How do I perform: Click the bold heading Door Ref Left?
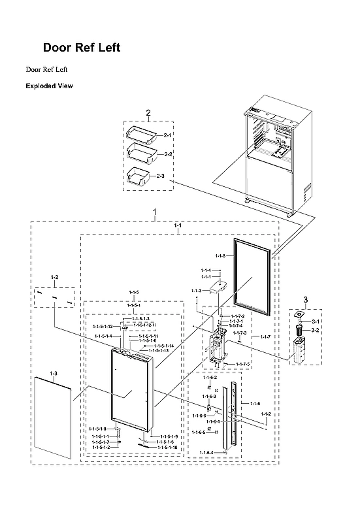click(x=81, y=48)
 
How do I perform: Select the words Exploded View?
click(x=49, y=86)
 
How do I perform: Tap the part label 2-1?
click(x=167, y=135)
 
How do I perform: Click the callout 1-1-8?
click(x=220, y=256)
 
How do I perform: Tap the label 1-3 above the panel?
click(x=54, y=374)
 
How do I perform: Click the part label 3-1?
click(x=315, y=322)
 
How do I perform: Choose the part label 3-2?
click(x=315, y=331)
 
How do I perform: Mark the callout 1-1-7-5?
click(x=242, y=363)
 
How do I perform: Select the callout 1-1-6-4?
click(x=206, y=453)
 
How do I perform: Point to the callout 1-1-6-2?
click(x=210, y=378)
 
